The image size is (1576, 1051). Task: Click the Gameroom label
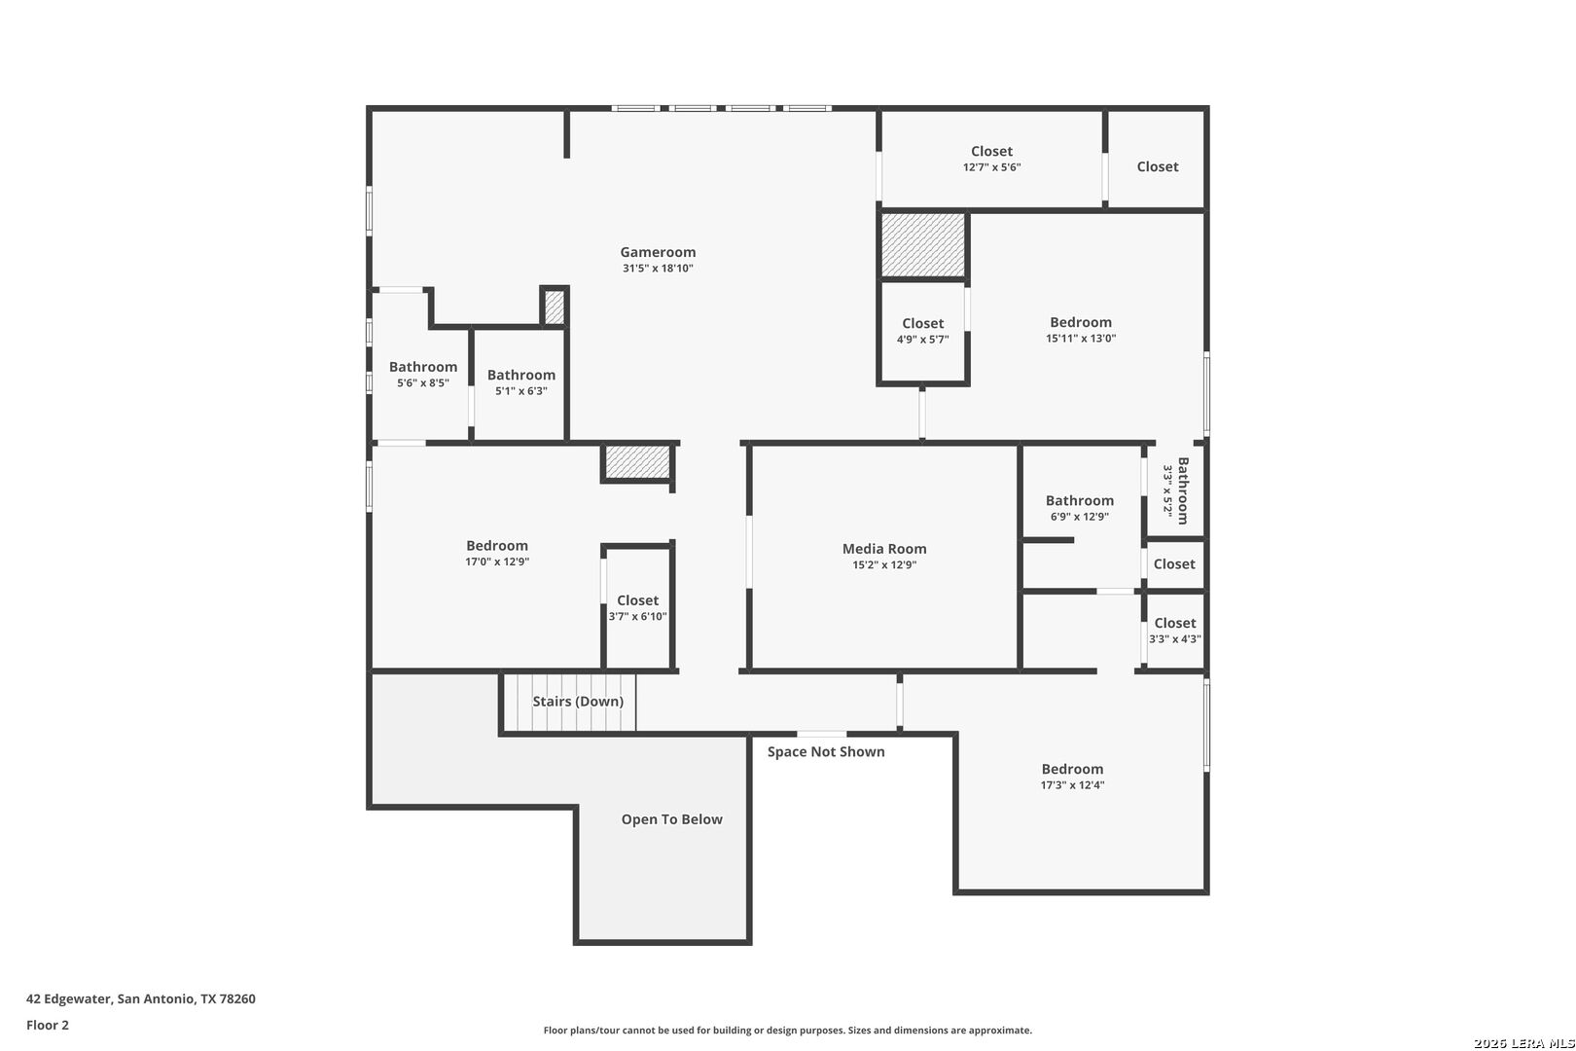(x=658, y=252)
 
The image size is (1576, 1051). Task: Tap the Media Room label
(x=884, y=549)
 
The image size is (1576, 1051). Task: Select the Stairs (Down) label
(x=578, y=701)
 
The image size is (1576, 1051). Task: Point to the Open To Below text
(x=672, y=819)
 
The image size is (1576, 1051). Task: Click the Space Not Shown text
(x=826, y=752)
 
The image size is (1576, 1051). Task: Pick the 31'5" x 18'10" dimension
(x=658, y=269)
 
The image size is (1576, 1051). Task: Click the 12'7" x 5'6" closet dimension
(x=992, y=167)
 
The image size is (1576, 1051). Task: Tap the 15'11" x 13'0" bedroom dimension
(x=1081, y=338)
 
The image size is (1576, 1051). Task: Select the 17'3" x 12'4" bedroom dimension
(x=1072, y=785)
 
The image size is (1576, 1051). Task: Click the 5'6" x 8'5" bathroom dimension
(x=423, y=383)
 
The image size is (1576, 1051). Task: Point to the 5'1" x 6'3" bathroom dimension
(x=521, y=391)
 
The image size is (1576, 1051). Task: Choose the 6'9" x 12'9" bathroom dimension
(x=1079, y=517)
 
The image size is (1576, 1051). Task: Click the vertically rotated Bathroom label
(x=1183, y=490)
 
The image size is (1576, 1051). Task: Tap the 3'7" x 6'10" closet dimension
(x=637, y=617)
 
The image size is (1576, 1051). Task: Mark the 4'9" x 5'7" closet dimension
(x=922, y=340)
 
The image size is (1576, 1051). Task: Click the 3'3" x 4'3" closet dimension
(x=1175, y=639)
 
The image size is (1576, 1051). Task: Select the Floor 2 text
(x=48, y=1025)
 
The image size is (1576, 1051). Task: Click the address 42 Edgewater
(x=68, y=998)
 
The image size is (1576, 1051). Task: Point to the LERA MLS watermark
(x=1523, y=1043)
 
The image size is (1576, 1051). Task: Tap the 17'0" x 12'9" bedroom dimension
(x=497, y=562)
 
